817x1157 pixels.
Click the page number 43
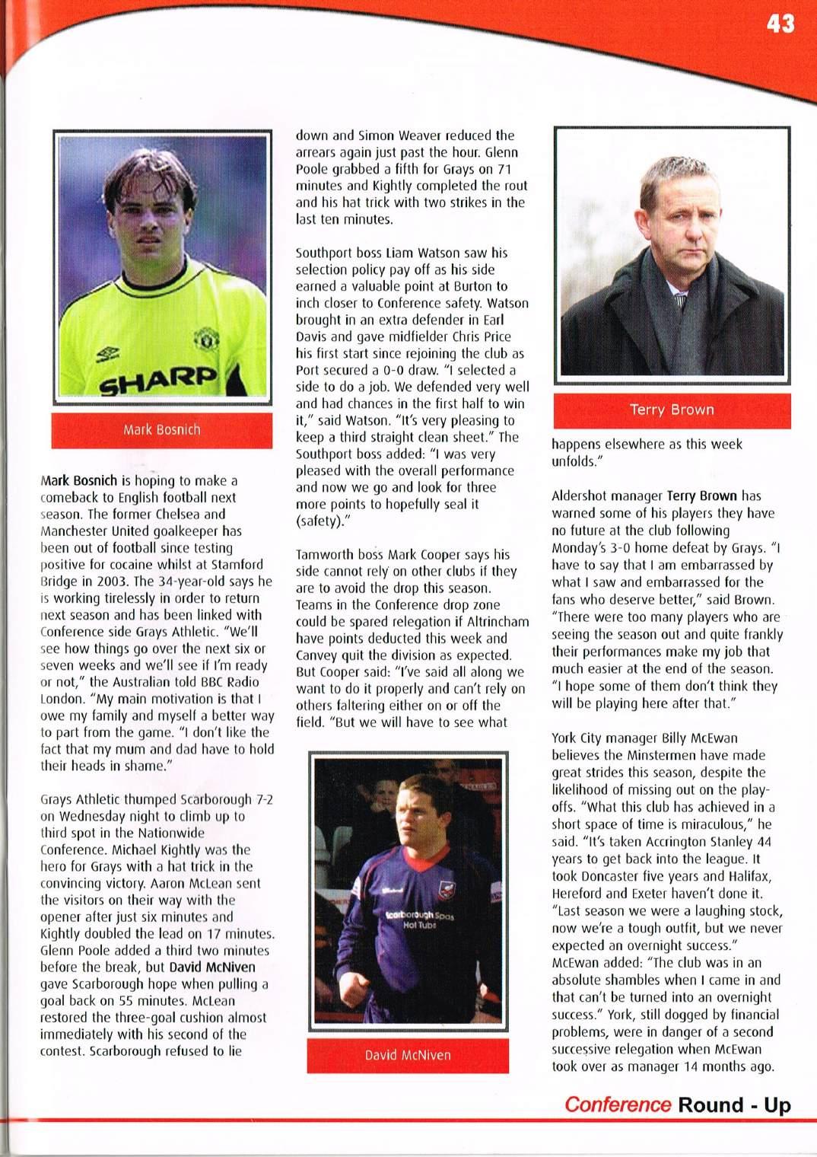click(780, 24)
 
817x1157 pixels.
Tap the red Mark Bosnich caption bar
click(161, 430)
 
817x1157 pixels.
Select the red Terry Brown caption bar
click(672, 410)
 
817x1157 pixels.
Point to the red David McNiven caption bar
click(408, 1056)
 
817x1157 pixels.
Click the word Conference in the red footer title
click(618, 1105)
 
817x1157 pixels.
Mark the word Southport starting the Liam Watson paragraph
click(325, 253)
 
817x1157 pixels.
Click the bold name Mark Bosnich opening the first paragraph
click(79, 481)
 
